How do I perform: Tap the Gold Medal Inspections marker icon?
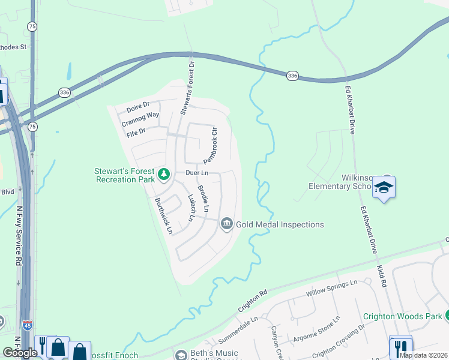[227, 224]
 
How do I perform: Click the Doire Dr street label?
[137, 108]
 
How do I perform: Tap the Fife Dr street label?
[137, 131]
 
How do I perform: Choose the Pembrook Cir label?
[209, 145]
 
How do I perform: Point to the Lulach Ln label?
[191, 208]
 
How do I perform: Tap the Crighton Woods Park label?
[402, 316]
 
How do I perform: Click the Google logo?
[20, 352]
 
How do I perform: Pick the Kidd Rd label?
[383, 276]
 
